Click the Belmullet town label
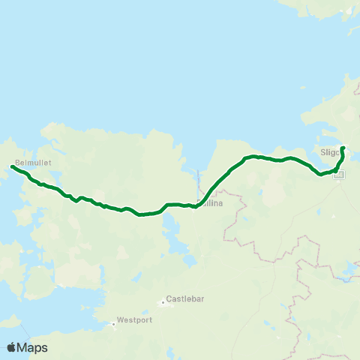point(26,160)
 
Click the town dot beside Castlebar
point(163,303)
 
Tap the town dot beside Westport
point(113,324)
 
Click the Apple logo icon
point(12,347)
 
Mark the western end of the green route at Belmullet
point(13,167)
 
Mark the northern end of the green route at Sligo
point(342,148)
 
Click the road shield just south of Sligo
point(340,174)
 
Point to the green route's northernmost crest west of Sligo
point(253,156)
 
